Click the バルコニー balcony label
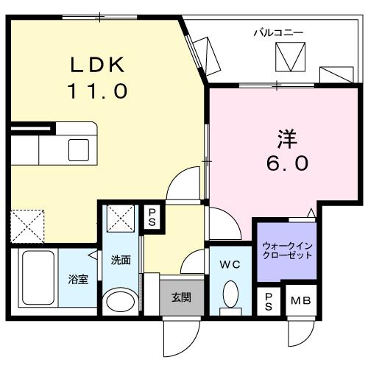[x=279, y=32]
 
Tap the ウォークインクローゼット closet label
[x=287, y=249]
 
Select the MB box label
[x=300, y=300]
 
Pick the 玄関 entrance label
[x=181, y=298]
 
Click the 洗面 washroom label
[x=121, y=260]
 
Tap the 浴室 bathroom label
[x=79, y=280]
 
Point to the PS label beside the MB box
[x=268, y=300]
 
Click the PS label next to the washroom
[x=152, y=216]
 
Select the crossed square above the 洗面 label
[x=120, y=219]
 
